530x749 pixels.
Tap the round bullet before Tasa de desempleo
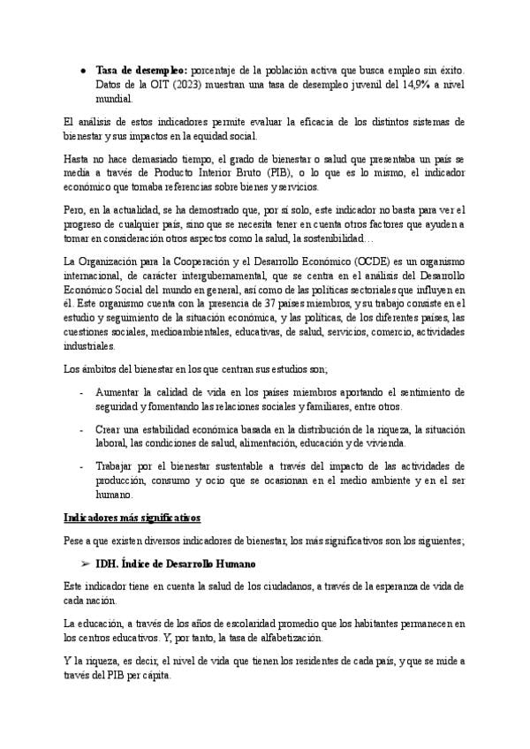tap(82, 69)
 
